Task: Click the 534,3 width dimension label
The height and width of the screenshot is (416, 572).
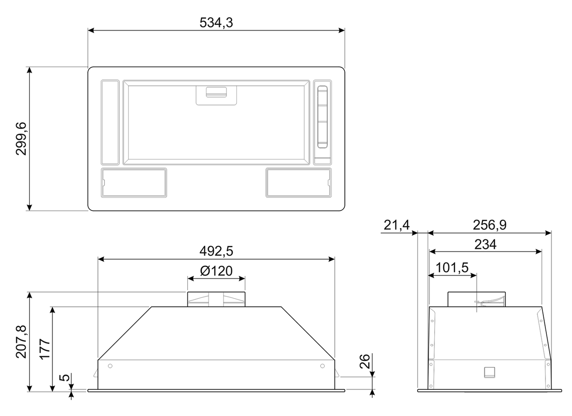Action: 216,23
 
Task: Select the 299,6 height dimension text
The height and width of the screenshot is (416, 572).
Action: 21,139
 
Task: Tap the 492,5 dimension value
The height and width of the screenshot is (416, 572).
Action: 216,251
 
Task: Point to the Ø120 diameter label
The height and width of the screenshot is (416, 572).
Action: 216,271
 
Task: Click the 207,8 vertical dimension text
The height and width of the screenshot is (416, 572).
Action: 21,342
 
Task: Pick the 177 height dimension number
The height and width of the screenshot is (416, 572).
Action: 45,349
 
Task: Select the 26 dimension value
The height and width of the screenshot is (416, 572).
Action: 365,361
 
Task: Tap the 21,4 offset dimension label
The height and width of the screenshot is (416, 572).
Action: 397,225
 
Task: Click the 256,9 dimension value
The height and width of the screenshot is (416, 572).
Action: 490,225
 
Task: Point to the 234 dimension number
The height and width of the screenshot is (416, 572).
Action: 485,244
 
